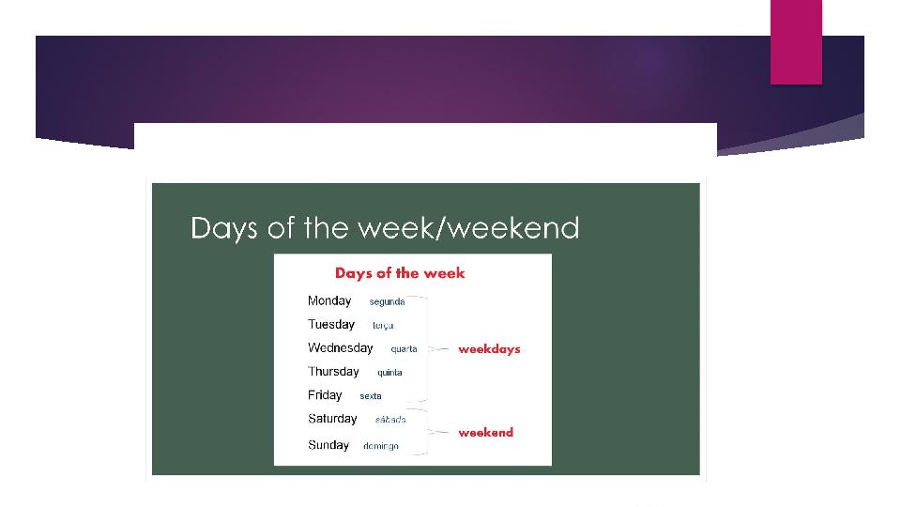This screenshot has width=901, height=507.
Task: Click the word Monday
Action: point(329,301)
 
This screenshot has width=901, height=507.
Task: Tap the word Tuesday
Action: point(331,324)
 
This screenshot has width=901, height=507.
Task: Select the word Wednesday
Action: point(340,347)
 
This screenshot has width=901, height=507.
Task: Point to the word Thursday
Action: point(333,372)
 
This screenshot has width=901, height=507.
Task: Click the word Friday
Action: point(325,395)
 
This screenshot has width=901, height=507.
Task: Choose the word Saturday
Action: point(332,419)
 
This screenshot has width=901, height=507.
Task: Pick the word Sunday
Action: point(328,445)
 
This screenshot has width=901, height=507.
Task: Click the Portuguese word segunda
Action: point(387,301)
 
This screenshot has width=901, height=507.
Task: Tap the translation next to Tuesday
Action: point(383,326)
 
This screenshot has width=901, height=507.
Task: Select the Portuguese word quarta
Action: point(404,349)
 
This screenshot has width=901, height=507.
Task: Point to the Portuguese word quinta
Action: point(389,373)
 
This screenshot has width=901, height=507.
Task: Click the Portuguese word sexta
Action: point(371,396)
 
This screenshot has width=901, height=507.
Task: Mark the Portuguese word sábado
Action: point(390,420)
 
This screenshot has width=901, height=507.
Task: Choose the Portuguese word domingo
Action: point(381,446)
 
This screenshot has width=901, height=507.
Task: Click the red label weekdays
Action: point(489,349)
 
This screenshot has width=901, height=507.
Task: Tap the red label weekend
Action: point(485,432)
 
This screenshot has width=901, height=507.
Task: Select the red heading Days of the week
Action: point(400,273)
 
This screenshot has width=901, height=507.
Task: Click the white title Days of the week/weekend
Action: point(385,228)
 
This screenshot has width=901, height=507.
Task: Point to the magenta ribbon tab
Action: point(796,42)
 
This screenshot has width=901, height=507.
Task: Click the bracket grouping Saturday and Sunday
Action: point(428,432)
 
